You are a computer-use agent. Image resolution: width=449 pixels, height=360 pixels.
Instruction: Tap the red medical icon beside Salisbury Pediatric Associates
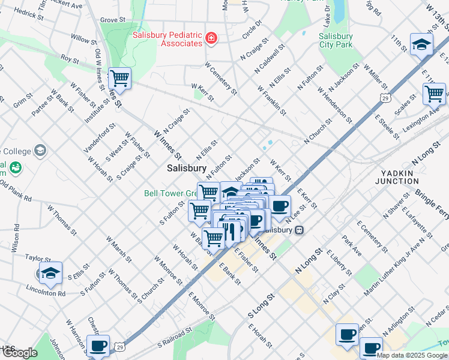(x=211, y=39)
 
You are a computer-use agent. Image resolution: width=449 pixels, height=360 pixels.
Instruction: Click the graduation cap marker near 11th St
(x=421, y=45)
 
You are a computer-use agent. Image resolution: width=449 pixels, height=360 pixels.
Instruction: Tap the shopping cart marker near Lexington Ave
(x=434, y=94)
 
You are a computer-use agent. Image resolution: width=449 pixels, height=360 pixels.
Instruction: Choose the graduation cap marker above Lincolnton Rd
(x=51, y=274)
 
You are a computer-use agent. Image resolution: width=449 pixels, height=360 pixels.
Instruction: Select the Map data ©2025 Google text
(x=412, y=355)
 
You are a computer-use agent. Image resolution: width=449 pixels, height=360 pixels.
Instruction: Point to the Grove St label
(x=112, y=20)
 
